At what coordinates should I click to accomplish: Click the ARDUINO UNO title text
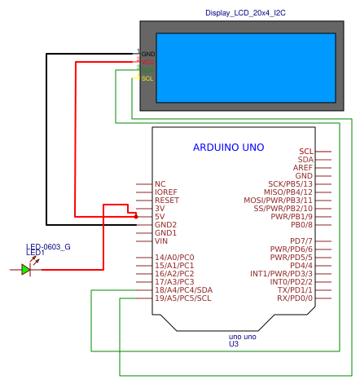[228, 148]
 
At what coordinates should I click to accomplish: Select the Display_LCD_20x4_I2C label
[245, 14]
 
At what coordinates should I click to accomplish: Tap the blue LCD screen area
[245, 68]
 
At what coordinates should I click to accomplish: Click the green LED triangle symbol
[26, 269]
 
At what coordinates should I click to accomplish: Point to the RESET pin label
[166, 201]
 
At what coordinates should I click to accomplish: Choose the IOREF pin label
[166, 192]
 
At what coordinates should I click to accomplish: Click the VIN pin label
[161, 241]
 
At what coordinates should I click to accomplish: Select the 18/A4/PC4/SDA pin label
[183, 290]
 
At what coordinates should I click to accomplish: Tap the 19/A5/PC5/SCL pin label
[182, 298]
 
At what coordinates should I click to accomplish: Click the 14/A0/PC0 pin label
[174, 258]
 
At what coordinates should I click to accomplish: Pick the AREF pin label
[303, 168]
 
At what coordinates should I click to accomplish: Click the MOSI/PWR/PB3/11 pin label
[278, 201]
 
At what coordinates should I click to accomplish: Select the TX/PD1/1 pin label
[295, 290]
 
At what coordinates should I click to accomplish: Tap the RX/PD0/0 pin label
[294, 298]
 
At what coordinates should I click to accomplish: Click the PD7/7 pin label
[301, 241]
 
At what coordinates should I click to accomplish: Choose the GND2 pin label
[165, 225]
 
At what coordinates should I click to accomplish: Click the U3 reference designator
[234, 344]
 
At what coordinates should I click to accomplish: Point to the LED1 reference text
[35, 253]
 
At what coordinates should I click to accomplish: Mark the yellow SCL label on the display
[147, 78]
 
